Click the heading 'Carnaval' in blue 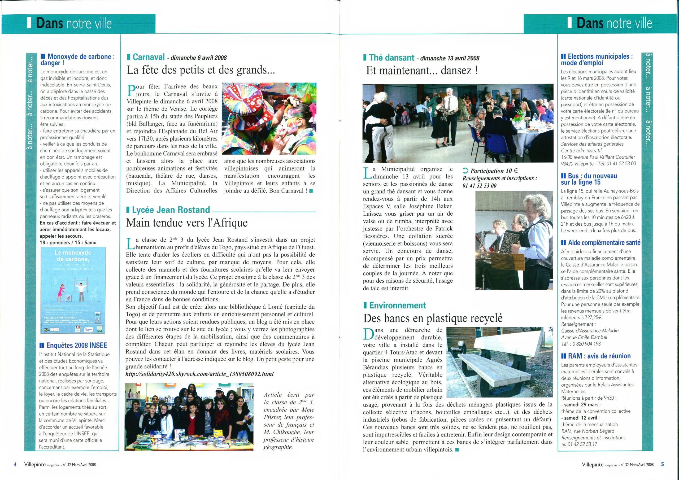[149, 57]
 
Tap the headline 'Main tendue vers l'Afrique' [187, 223]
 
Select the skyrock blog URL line [200, 374]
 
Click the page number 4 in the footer [15, 464]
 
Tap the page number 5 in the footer [663, 464]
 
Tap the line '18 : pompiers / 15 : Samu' [68, 242]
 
